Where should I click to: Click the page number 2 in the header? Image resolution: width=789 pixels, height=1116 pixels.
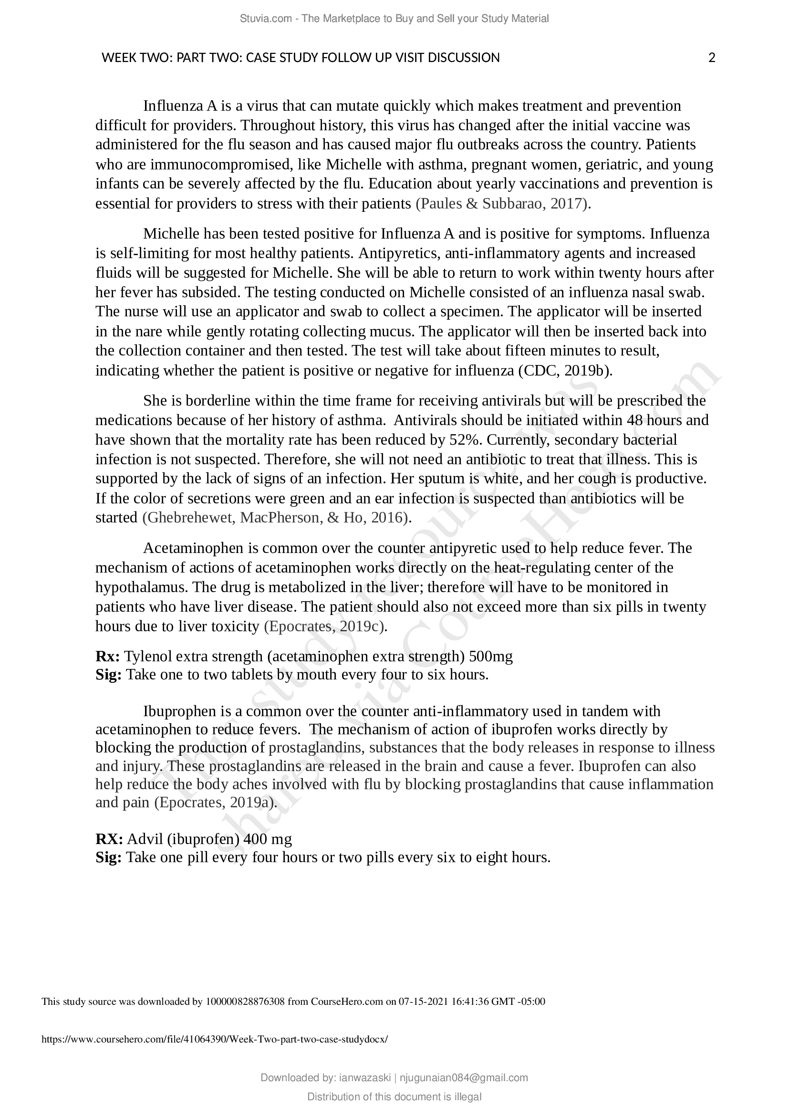[x=712, y=58]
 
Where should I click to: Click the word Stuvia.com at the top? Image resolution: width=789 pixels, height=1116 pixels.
[x=265, y=19]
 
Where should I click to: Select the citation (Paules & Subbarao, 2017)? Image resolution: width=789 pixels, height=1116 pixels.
[x=503, y=204]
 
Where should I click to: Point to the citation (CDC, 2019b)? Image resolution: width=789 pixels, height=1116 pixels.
[x=565, y=371]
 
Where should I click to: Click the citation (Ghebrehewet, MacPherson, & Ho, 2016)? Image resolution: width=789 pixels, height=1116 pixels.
[x=277, y=518]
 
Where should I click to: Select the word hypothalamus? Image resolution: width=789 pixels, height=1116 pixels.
[x=141, y=587]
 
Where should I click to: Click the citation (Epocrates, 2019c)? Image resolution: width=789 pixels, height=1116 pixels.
[x=325, y=626]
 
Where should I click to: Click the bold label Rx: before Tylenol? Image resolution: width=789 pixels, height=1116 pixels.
[x=108, y=657]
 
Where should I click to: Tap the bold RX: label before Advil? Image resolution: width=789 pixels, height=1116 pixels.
[x=109, y=839]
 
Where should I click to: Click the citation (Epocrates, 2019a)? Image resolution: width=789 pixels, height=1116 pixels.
[x=215, y=803]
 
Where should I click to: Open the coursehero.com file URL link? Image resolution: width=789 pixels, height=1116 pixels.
[x=215, y=1039]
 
